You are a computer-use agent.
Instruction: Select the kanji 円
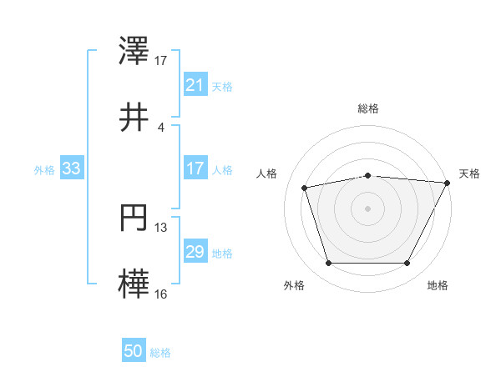[135, 221]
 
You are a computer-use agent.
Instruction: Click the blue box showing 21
[195, 85]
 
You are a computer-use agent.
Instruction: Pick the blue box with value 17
[195, 168]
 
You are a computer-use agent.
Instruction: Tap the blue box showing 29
[195, 252]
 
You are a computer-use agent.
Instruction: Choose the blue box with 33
[71, 168]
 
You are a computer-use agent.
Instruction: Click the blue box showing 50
[133, 352]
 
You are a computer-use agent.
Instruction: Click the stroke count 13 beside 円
[161, 227]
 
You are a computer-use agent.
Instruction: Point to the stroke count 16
[161, 294]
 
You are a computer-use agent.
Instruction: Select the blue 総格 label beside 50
[160, 353]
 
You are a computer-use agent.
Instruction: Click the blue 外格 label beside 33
[44, 169]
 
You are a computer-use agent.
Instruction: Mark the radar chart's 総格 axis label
[368, 108]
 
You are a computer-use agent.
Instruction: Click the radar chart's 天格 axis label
[470, 173]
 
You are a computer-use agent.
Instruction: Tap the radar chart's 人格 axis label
[267, 173]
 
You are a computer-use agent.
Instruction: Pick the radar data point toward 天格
[448, 183]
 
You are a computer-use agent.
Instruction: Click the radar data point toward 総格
[368, 175]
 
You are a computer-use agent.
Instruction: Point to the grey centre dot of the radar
[368, 208]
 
